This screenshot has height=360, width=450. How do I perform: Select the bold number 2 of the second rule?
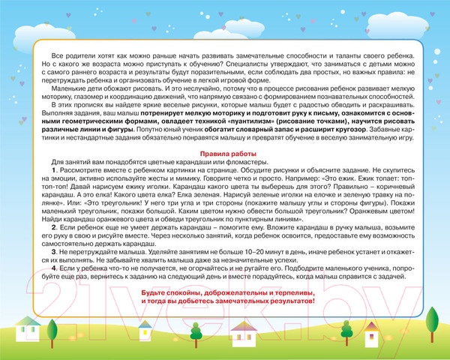(54, 225)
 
